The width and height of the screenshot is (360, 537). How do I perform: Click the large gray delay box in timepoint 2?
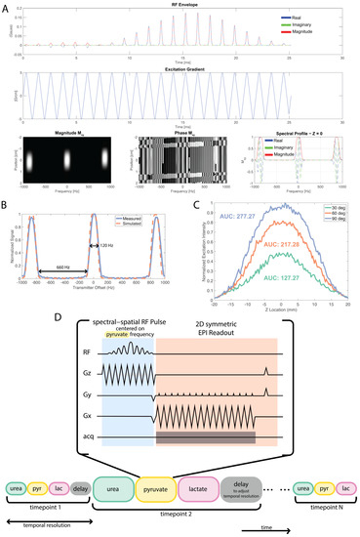(x=259, y=482)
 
